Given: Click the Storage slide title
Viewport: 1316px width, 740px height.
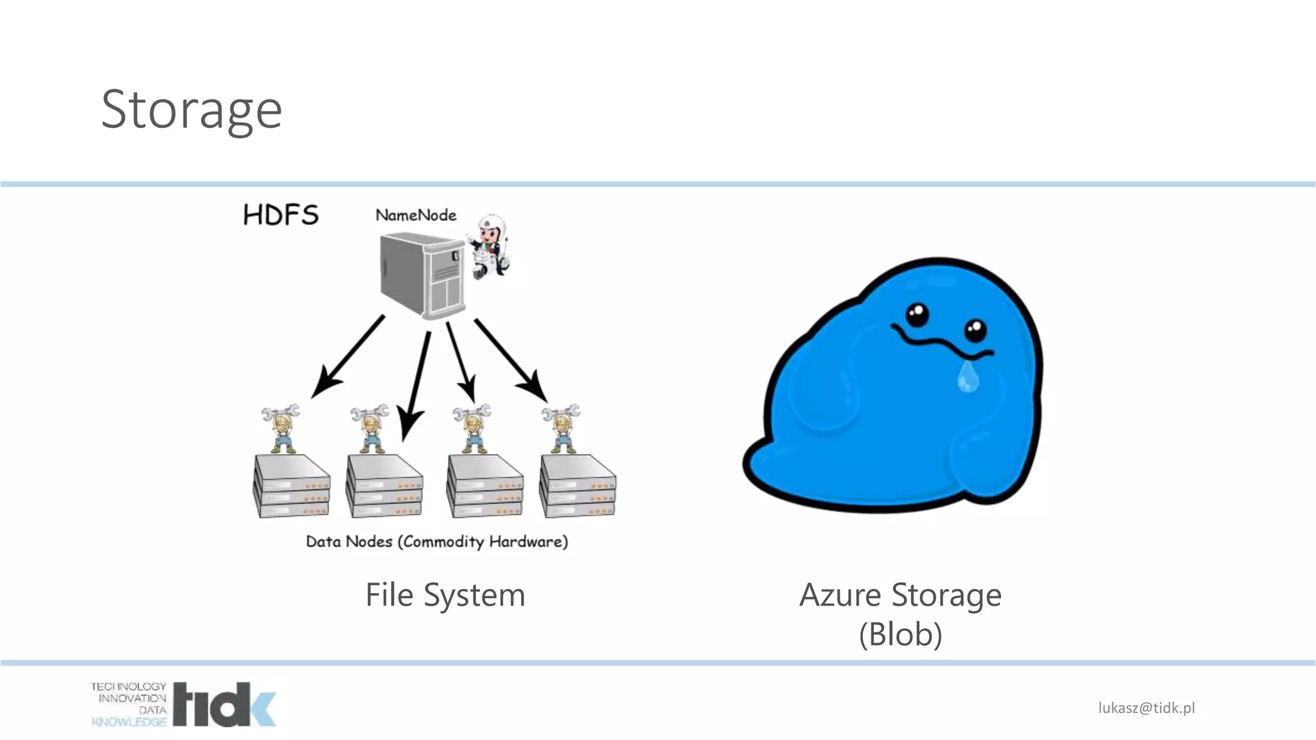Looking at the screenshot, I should tap(191, 110).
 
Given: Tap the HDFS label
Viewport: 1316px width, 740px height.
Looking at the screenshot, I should tap(281, 215).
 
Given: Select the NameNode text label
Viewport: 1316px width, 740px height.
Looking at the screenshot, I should tap(416, 215).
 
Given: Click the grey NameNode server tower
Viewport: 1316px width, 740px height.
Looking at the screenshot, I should tap(422, 275).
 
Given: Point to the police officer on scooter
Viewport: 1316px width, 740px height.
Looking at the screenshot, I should tap(491, 248).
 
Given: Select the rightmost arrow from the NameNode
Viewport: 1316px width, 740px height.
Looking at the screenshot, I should tap(510, 360).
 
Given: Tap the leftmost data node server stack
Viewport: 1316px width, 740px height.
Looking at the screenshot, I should tap(292, 486).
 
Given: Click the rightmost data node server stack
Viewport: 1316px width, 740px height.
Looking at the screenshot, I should tap(578, 486).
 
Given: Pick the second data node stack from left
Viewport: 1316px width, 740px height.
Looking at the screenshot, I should tap(384, 486).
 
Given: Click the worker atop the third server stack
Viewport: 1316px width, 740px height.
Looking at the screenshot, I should tap(473, 428).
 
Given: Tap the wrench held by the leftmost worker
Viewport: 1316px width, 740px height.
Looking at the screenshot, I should tap(280, 411).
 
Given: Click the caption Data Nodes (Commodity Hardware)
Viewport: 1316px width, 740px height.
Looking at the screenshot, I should tap(437, 542).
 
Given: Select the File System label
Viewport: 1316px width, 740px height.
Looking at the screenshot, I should tap(445, 595).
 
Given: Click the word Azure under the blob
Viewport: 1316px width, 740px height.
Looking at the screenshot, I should tap(840, 595).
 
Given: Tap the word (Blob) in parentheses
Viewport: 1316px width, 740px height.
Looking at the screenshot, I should tap(900, 635).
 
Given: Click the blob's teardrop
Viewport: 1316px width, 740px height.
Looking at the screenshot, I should tap(968, 377).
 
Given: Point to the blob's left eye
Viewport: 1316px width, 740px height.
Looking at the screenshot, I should tap(917, 315).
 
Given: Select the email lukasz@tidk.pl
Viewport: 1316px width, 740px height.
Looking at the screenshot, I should tap(1146, 708).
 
